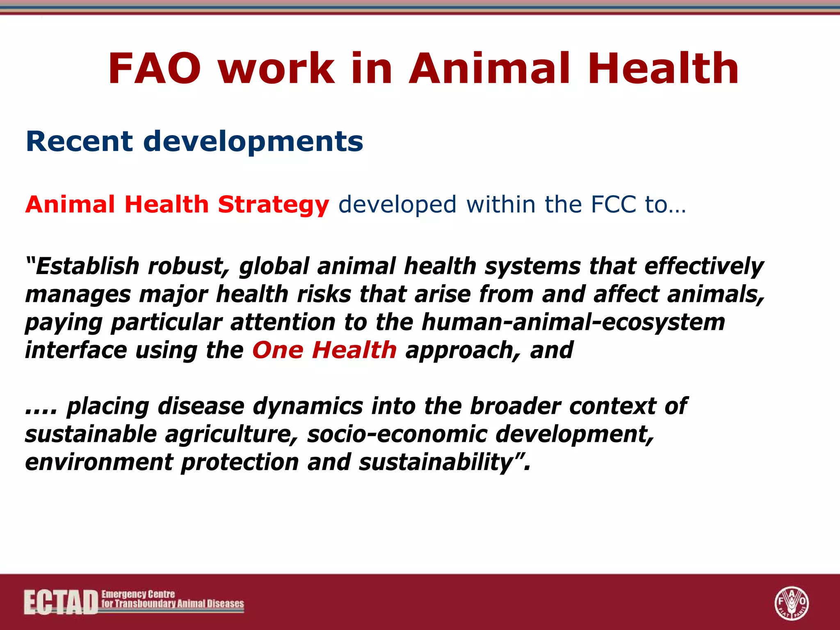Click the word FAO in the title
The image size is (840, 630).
click(155, 69)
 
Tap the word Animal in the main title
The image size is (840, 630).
click(489, 69)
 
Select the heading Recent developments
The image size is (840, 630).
click(194, 142)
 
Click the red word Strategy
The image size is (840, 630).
click(273, 205)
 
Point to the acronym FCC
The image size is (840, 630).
click(613, 204)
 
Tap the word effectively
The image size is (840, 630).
click(704, 267)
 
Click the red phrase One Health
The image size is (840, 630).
click(324, 350)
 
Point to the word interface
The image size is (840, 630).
click(76, 350)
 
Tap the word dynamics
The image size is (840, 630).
click(308, 407)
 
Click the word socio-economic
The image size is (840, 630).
click(397, 434)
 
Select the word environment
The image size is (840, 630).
click(99, 463)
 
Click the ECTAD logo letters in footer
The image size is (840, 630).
click(61, 602)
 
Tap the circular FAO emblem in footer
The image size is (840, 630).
click(791, 603)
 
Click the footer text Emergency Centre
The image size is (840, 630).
click(138, 594)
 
